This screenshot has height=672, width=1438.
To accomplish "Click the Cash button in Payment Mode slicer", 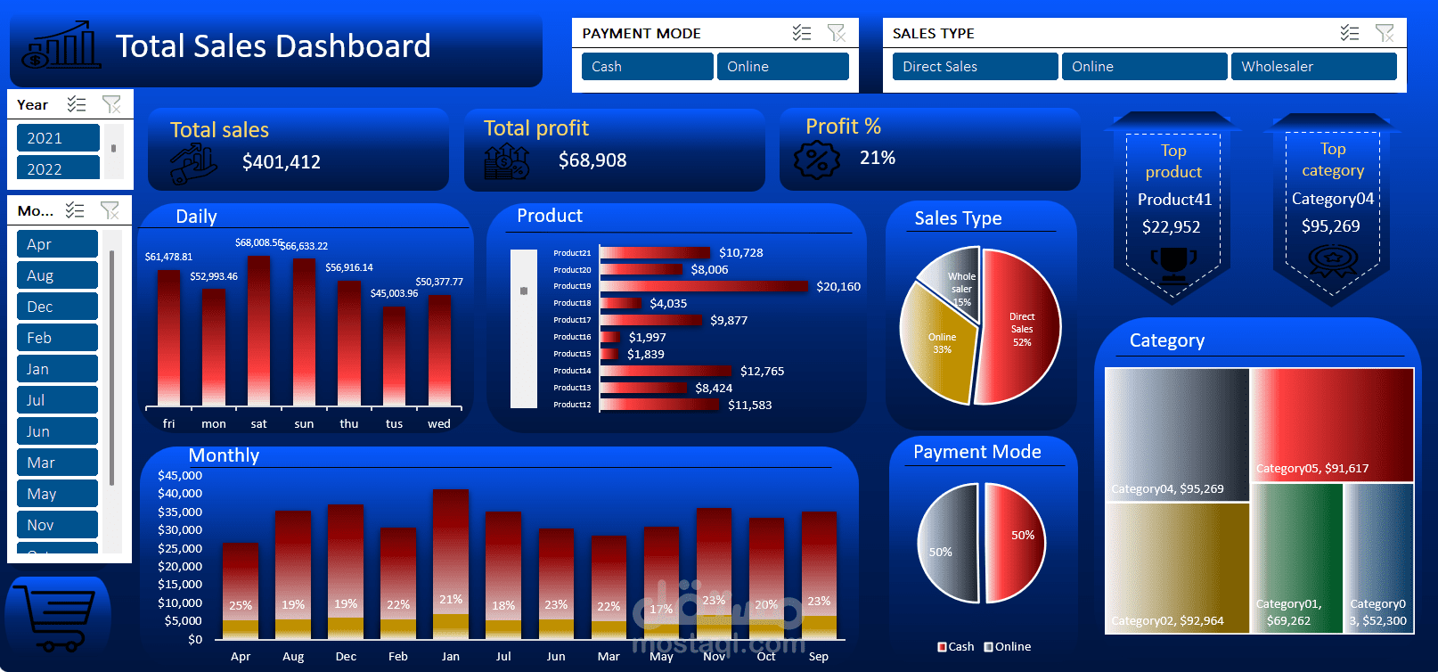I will (x=647, y=67).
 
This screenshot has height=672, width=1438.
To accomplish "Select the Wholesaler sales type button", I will (x=1312, y=67).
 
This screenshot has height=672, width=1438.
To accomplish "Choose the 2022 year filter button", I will (x=58, y=168).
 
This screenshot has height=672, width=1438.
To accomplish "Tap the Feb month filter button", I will (x=58, y=338).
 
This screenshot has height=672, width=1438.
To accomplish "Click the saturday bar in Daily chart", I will (x=258, y=330).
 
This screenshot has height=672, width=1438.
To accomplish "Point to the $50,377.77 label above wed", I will (x=439, y=282).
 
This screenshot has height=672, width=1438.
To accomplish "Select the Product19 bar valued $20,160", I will (x=704, y=286).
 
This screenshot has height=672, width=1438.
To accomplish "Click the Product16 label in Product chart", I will (x=572, y=337).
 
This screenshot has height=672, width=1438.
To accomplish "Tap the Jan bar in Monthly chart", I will (x=451, y=561).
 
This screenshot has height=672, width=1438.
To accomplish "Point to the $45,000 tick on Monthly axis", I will (x=180, y=475).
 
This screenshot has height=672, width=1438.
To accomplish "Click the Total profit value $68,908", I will (x=592, y=160).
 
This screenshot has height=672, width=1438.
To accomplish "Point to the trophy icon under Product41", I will (x=1173, y=260).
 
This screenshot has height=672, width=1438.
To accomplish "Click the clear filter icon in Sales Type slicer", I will (x=1384, y=33).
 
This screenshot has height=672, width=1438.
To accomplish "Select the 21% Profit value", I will (x=877, y=158).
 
